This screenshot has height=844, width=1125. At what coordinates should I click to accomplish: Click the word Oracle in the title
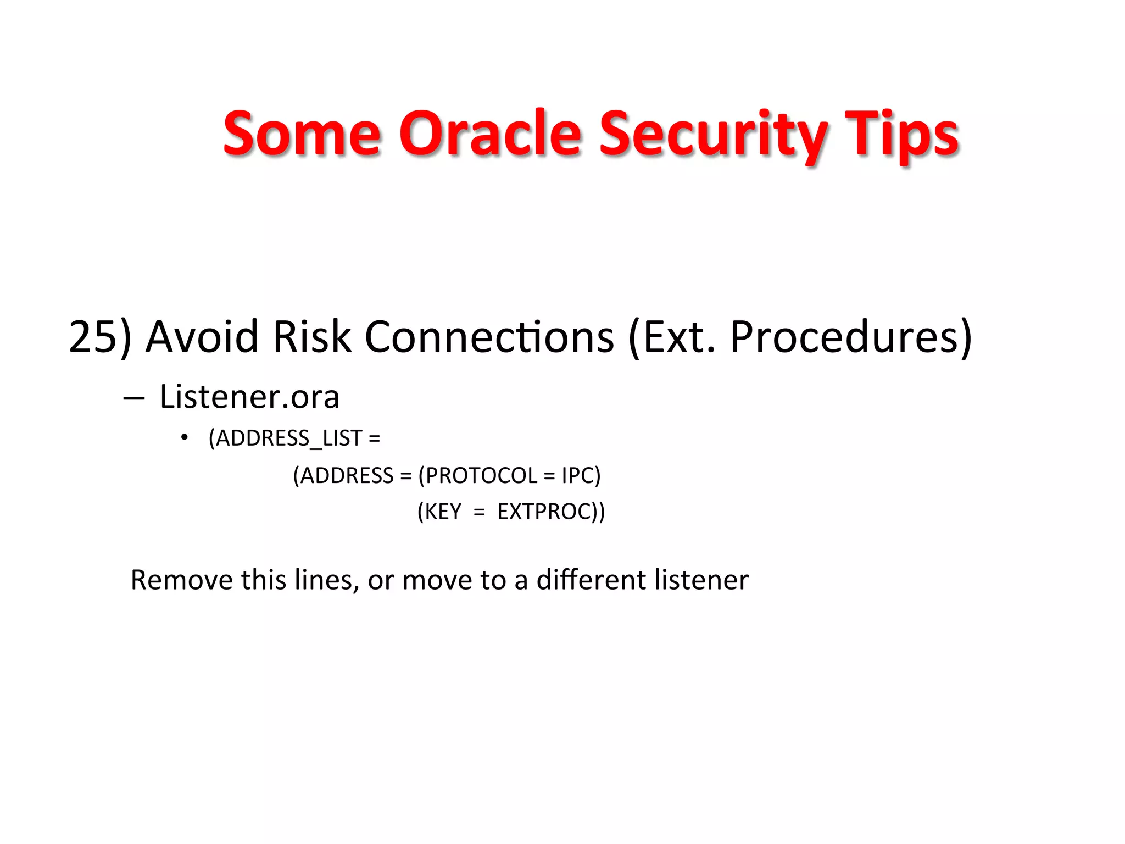489,134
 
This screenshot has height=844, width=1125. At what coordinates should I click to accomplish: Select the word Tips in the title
901,134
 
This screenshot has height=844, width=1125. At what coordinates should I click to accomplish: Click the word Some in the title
302,134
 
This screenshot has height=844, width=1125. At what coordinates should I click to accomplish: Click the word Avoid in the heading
202,336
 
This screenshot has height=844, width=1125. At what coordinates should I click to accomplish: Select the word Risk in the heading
311,336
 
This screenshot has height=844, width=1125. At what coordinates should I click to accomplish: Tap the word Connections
489,336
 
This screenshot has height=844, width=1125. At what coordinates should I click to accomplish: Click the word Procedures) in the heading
851,336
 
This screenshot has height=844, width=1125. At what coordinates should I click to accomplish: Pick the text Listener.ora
249,397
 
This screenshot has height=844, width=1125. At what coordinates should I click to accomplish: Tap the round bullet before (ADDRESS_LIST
185,438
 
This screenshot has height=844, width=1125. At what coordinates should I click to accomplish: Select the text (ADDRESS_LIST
286,438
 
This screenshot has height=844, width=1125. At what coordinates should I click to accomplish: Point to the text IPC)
581,475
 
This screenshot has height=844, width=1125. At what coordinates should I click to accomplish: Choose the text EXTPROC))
551,512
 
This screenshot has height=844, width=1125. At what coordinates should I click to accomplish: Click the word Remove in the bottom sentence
181,580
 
